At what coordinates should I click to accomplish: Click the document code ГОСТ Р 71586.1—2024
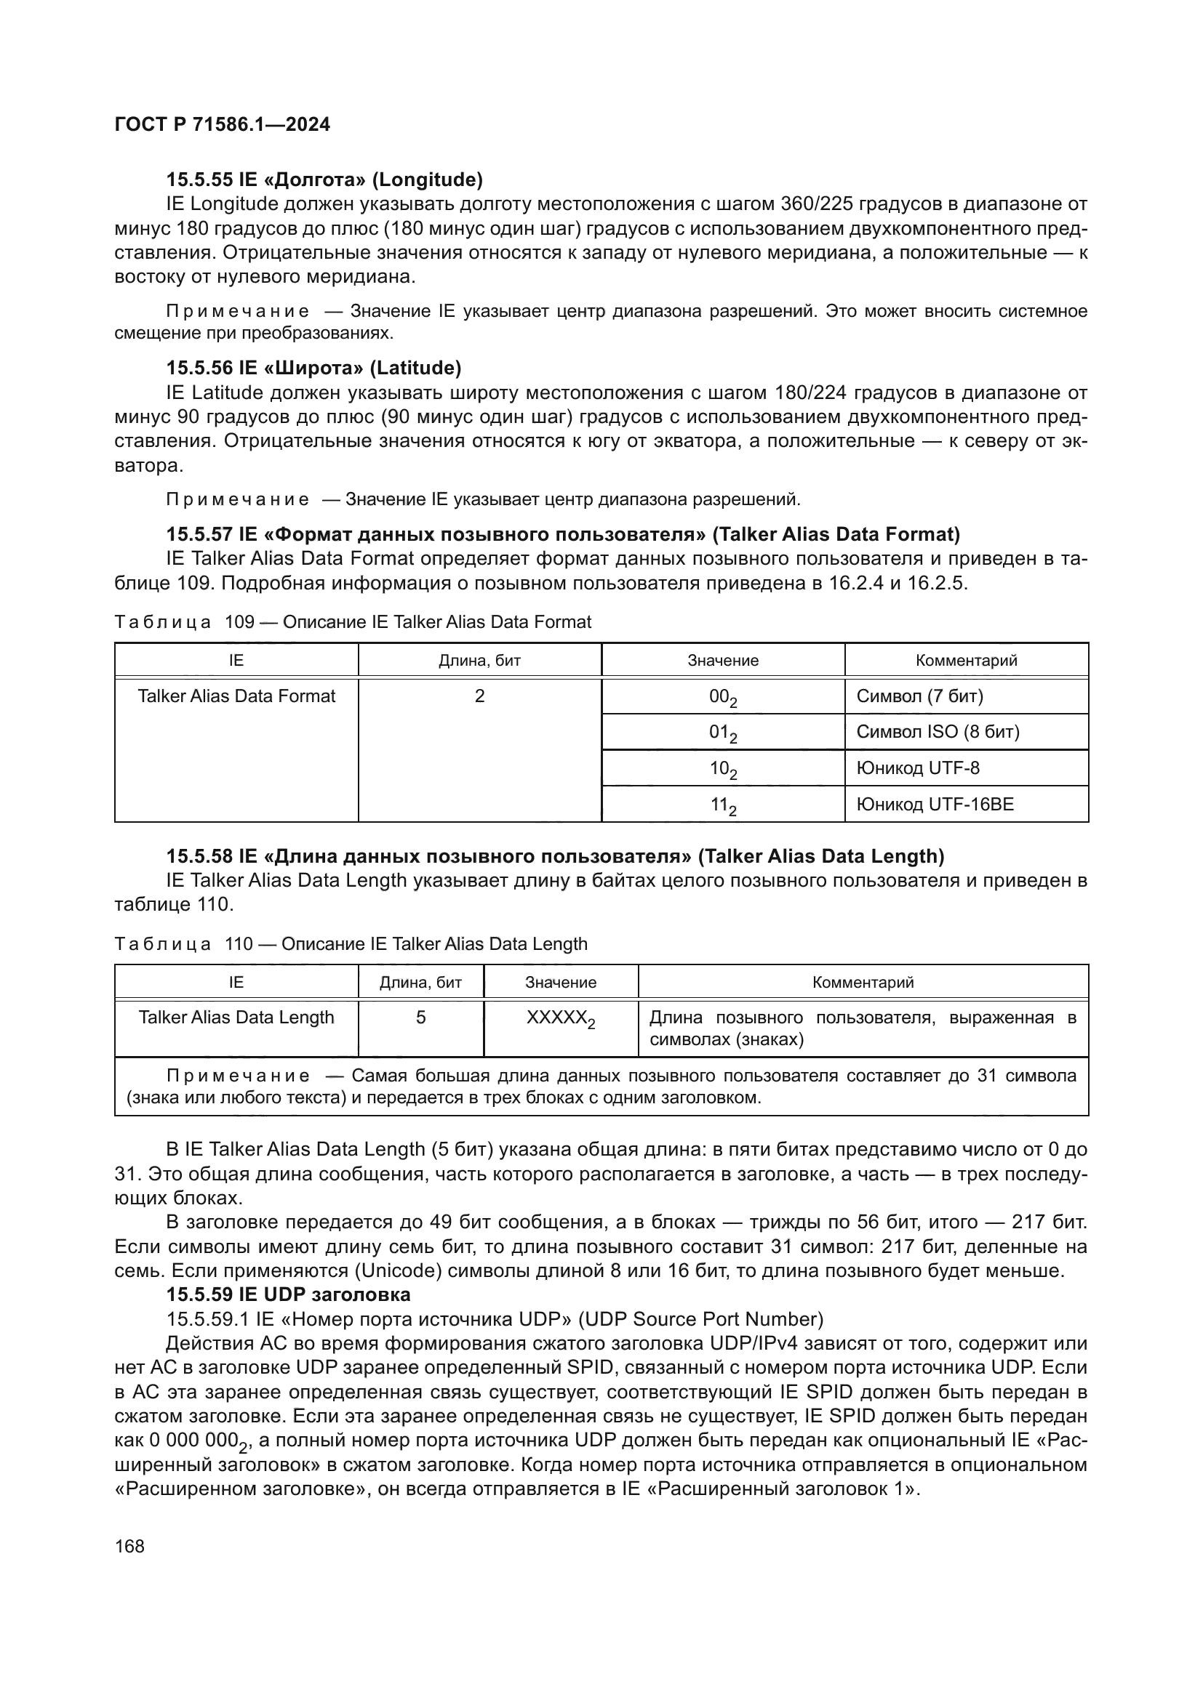coord(223,124)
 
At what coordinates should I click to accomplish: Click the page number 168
coord(129,1547)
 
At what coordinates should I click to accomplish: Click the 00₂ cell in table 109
coord(722,697)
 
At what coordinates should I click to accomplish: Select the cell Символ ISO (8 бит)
coord(938,733)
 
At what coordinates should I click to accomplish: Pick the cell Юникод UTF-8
coord(918,768)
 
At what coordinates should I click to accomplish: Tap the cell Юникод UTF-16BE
coord(935,804)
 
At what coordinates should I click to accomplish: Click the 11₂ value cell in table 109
coord(722,805)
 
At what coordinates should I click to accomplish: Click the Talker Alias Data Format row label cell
coord(236,696)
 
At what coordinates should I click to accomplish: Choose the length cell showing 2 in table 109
coord(479,696)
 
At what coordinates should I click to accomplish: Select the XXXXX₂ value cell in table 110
coord(560,1018)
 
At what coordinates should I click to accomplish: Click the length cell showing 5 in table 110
coord(420,1018)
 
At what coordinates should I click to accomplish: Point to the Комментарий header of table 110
coord(863,983)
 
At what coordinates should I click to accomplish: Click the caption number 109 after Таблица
coord(239,622)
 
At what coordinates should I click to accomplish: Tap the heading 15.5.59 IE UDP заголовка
coord(288,1294)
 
